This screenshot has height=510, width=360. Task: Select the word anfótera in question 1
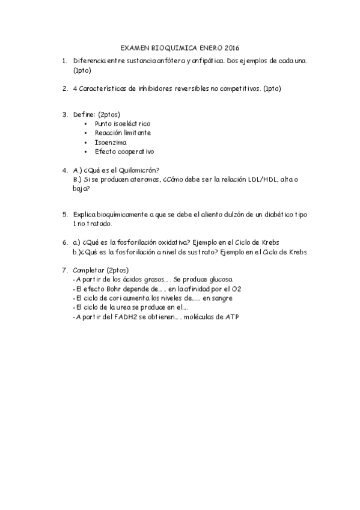pos(166,61)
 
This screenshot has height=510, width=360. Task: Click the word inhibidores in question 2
pos(154,88)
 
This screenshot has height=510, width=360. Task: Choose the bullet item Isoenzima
pos(110,142)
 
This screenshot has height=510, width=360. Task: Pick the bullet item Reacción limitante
pos(123,132)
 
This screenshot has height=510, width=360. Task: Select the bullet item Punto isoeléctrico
pos(122,123)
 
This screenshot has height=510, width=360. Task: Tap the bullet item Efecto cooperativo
pos(124,152)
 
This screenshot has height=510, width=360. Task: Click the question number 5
pos(65,214)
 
